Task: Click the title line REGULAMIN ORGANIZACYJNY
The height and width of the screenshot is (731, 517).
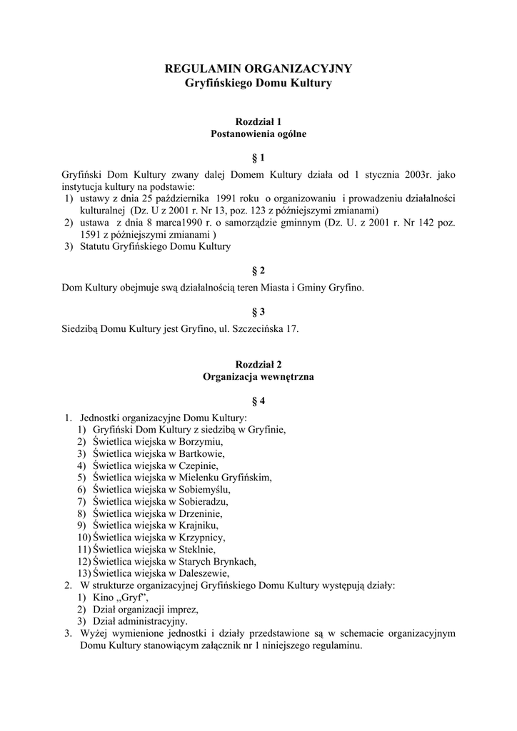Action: point(258,69)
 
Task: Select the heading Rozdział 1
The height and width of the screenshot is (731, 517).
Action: point(258,121)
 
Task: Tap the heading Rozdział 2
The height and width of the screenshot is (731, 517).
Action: point(258,363)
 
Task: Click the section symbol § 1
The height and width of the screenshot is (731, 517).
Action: point(258,157)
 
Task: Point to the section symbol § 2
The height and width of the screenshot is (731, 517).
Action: point(258,271)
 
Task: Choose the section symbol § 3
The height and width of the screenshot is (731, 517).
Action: point(258,311)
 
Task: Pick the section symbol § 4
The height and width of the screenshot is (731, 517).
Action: point(258,401)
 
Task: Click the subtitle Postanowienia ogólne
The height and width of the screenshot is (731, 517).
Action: point(258,133)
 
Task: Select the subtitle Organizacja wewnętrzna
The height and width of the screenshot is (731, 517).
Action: point(258,375)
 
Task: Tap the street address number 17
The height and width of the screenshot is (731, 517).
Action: point(293,329)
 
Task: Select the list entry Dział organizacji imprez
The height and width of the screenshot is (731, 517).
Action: point(146,609)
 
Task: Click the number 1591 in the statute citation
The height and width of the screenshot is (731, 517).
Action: point(91,234)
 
